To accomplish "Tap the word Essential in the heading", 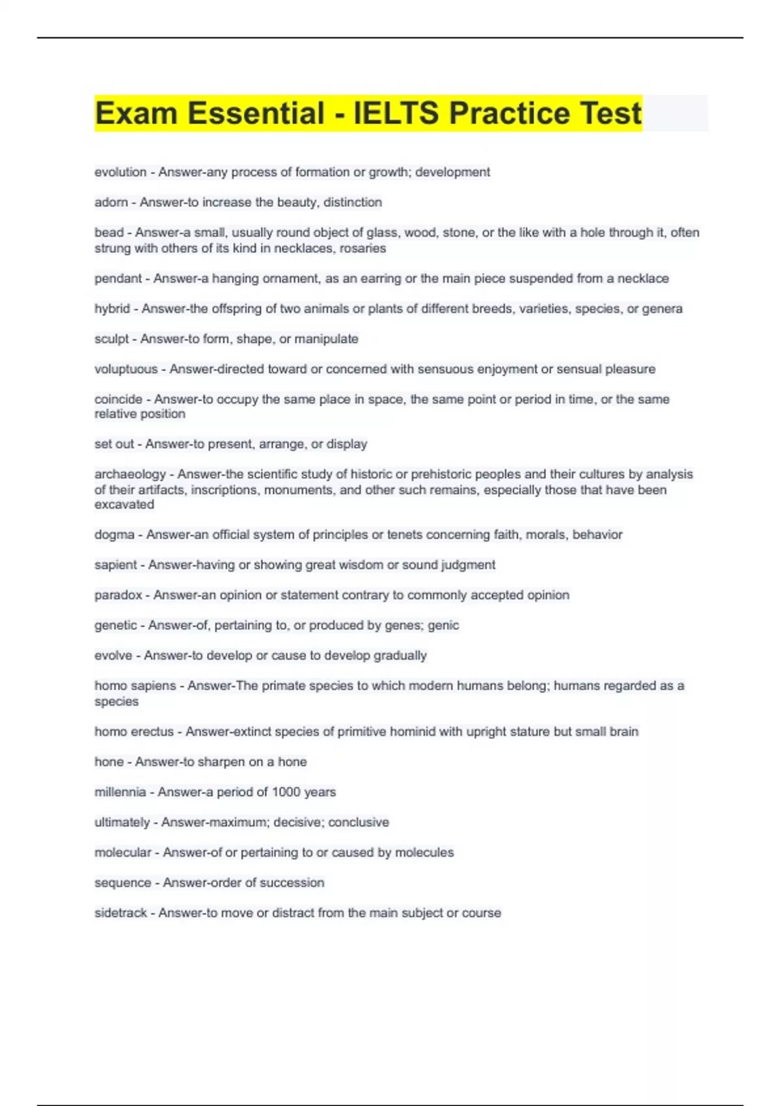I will tap(256, 113).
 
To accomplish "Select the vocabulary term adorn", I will tap(111, 202).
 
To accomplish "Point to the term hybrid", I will tap(112, 308).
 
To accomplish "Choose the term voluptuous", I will tap(126, 369).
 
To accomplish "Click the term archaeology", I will tap(130, 474).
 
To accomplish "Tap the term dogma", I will tap(114, 535).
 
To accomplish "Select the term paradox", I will tap(118, 595).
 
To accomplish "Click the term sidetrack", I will tap(120, 913).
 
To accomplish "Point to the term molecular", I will tap(122, 852).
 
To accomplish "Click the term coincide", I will tap(118, 399).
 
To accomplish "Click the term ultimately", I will tap(122, 822).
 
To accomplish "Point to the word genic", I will tap(443, 625).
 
